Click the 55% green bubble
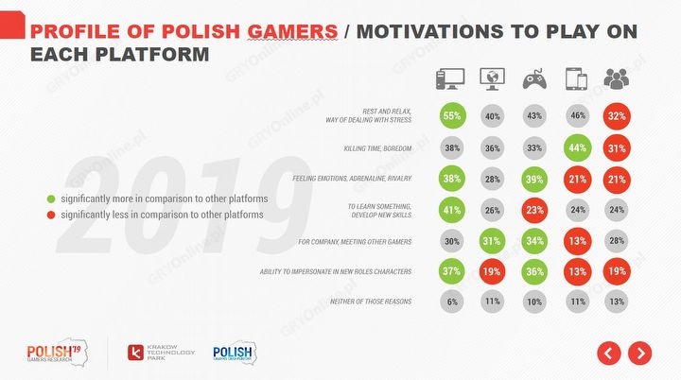click(452, 117)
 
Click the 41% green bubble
click(452, 209)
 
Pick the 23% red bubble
click(535, 209)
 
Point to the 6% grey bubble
click(452, 302)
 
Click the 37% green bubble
click(452, 271)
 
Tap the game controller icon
click(535, 78)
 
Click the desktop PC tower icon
click(448, 78)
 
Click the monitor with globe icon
click(493, 78)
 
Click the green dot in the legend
click(51, 199)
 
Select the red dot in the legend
click(51, 215)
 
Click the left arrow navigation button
click(608, 354)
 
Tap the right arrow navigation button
click(640, 354)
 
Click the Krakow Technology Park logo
click(156, 354)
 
